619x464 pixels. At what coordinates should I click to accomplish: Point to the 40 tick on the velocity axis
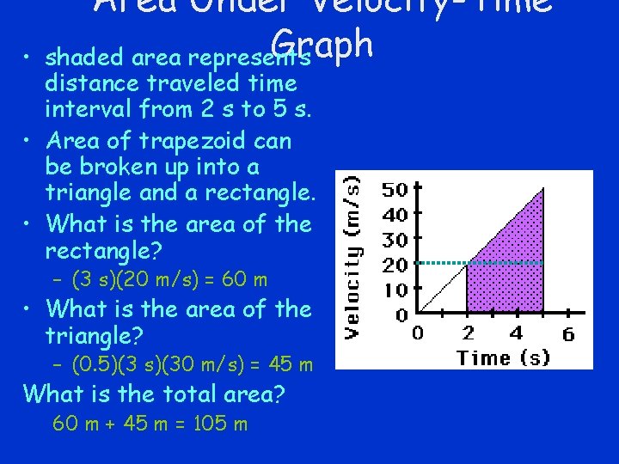[394, 214]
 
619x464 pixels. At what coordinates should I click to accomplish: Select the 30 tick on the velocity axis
[394, 239]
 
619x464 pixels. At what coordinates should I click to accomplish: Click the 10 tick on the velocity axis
[394, 290]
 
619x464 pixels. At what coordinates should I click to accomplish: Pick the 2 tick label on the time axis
[467, 333]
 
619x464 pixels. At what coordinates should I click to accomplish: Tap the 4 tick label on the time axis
[516, 333]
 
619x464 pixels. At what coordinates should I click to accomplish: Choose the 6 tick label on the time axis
[568, 333]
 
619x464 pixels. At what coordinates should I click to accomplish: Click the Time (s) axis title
[503, 357]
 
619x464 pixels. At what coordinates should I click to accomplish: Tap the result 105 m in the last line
[218, 424]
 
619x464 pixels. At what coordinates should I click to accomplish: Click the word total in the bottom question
[173, 394]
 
